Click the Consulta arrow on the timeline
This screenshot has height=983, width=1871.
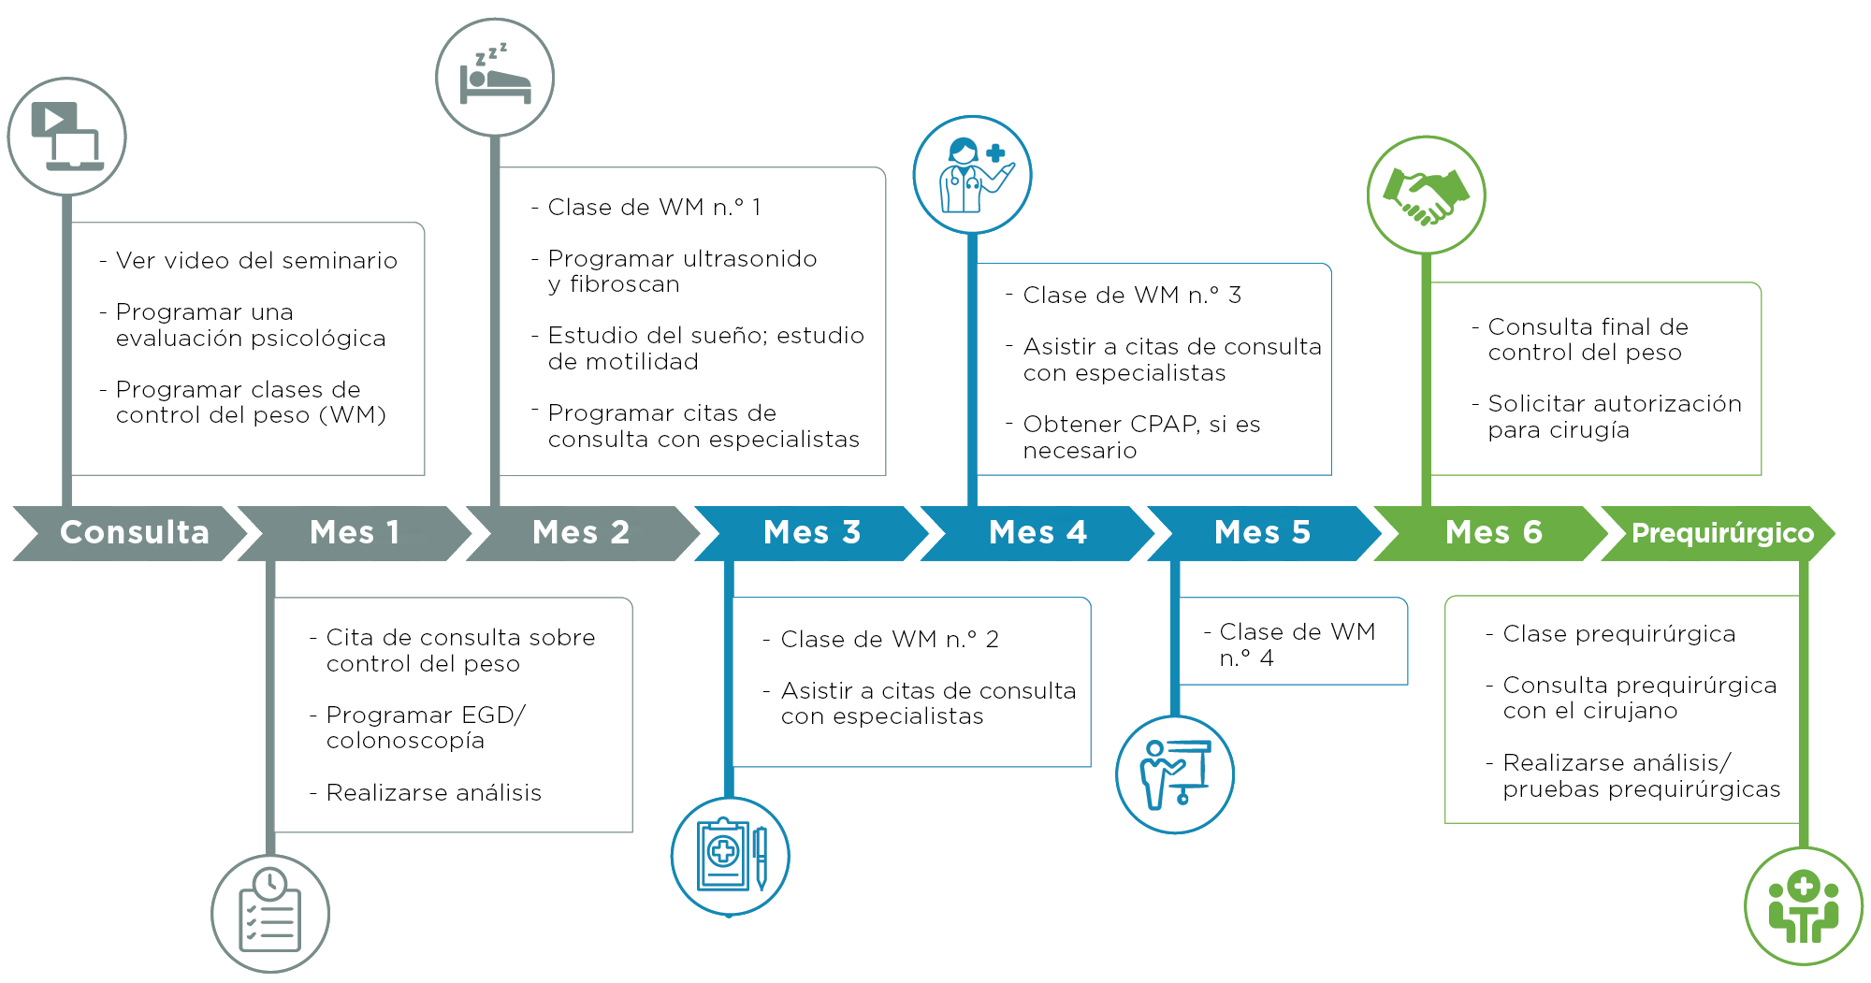tap(134, 533)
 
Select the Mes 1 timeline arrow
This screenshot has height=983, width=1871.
tap(355, 533)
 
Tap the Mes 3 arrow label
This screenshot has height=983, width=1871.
tap(811, 533)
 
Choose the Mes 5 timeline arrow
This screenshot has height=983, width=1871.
tap(1262, 533)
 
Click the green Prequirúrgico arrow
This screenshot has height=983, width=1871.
tap(1721, 533)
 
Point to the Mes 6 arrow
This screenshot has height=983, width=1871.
tap(1493, 533)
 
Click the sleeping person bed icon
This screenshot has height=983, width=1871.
tap(495, 78)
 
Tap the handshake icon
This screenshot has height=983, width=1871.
tap(1426, 195)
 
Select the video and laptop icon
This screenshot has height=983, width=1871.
tap(67, 137)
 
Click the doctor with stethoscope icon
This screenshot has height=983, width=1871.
tap(972, 175)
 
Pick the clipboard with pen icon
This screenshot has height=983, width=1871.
tap(731, 856)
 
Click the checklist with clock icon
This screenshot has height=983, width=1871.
tap(270, 914)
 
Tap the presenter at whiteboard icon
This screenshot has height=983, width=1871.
tap(1175, 774)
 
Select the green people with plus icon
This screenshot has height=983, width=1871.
tap(1804, 905)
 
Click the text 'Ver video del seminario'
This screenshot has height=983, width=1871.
tap(256, 261)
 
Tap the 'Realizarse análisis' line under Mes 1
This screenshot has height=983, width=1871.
tap(433, 793)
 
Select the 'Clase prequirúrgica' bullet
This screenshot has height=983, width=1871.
tap(1618, 634)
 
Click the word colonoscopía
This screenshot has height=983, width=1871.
tap(405, 741)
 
